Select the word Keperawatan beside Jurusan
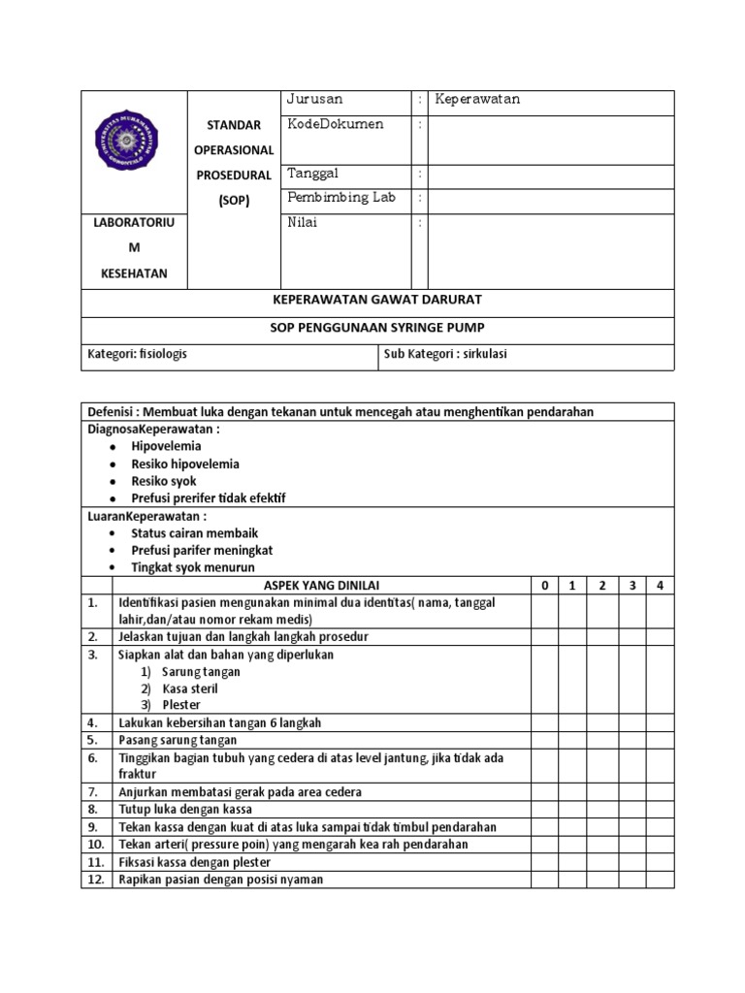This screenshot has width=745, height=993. click(x=477, y=100)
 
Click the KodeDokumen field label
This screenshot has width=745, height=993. click(x=335, y=124)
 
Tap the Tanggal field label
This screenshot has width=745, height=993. click(x=311, y=174)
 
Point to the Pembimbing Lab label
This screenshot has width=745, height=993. click(x=340, y=198)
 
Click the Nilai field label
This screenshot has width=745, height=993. click(x=303, y=222)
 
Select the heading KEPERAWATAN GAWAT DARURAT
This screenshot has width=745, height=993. click(x=377, y=301)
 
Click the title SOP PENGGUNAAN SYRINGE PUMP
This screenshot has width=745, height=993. click(x=377, y=328)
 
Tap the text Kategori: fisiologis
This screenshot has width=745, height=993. click(x=138, y=355)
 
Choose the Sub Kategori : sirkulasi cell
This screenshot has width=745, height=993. click(x=446, y=355)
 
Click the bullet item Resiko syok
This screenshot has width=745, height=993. click(x=164, y=481)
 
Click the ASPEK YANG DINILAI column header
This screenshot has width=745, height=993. click(x=321, y=586)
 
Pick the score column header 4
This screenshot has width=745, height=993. click(x=660, y=586)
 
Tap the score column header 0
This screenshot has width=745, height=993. click(x=544, y=586)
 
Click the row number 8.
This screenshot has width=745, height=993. click(x=94, y=809)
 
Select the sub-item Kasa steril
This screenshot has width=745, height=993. click(x=189, y=689)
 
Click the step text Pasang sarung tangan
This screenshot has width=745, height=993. click(x=178, y=740)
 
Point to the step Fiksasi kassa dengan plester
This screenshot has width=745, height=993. click(x=195, y=861)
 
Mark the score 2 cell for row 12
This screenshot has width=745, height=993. click(x=602, y=880)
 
